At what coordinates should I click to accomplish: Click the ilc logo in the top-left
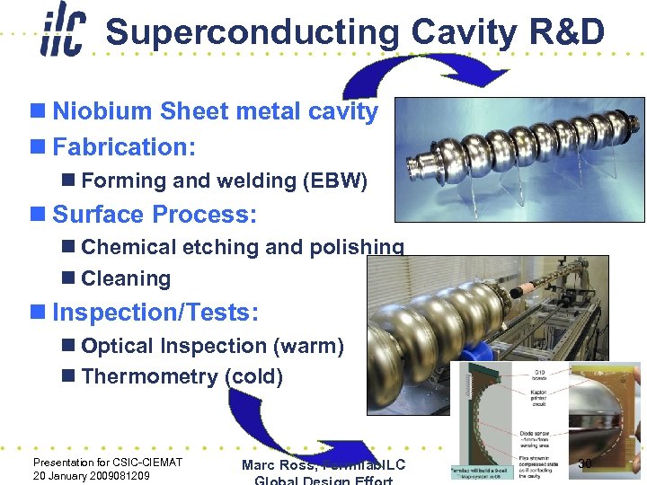click(x=62, y=33)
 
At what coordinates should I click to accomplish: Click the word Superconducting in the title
click(x=252, y=33)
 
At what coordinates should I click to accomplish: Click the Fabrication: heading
click(x=124, y=145)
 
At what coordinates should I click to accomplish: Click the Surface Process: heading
click(x=155, y=215)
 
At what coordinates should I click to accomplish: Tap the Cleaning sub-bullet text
click(x=126, y=278)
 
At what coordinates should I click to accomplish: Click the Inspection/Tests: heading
click(x=155, y=313)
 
